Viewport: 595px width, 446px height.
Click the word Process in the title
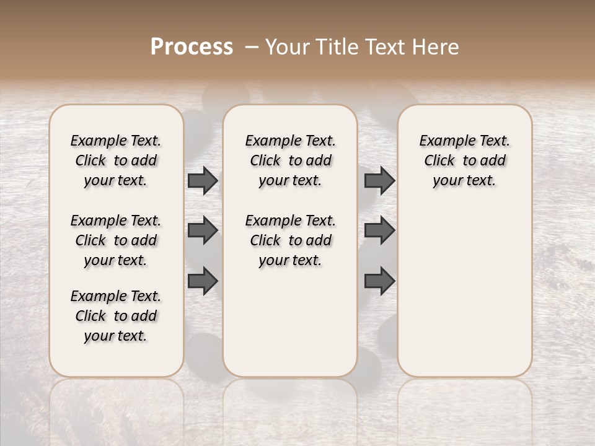point(192,47)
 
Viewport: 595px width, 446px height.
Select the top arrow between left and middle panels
point(203,181)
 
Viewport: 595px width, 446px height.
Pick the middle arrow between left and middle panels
point(203,230)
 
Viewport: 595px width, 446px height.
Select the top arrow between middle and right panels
point(379,181)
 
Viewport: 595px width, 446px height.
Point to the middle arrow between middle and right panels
point(379,230)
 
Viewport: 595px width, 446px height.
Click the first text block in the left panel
point(116,160)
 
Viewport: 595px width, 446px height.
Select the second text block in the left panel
point(116,240)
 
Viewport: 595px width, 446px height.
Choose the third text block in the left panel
point(116,316)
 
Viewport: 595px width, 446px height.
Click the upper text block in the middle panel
point(290,160)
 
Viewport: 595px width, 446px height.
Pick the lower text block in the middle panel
point(290,240)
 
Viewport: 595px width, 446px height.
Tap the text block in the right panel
point(464,160)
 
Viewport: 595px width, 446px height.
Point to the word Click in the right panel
point(439,161)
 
